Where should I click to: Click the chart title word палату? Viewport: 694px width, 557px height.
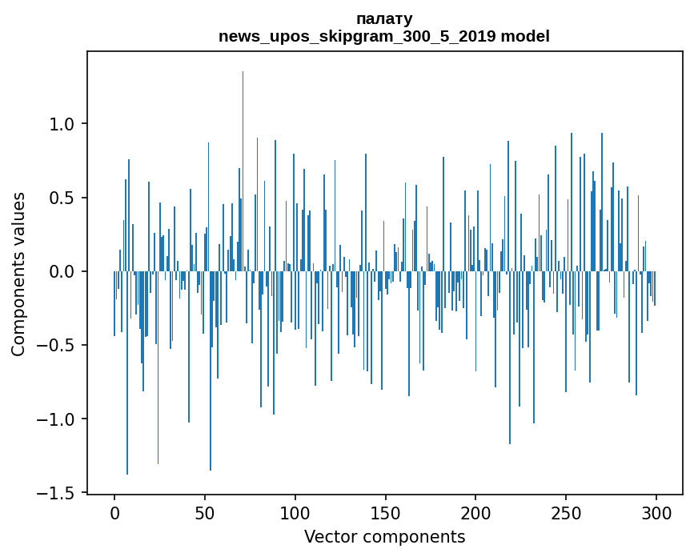(384, 18)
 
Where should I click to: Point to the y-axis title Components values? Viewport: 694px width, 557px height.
(18, 274)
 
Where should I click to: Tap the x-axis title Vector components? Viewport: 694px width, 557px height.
(384, 537)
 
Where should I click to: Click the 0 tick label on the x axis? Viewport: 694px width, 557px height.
(114, 511)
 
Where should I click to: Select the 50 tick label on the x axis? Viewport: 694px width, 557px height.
(205, 511)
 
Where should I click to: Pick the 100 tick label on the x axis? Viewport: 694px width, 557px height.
(295, 511)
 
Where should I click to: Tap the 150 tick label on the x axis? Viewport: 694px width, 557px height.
(385, 511)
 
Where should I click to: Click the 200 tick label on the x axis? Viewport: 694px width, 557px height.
(475, 511)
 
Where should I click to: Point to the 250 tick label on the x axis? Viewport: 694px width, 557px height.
(566, 511)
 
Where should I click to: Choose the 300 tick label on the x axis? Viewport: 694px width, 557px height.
(656, 511)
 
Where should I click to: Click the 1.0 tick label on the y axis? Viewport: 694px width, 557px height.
(62, 124)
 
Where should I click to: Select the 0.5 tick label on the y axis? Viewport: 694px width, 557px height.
(62, 198)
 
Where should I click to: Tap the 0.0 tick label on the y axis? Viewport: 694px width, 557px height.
(62, 272)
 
